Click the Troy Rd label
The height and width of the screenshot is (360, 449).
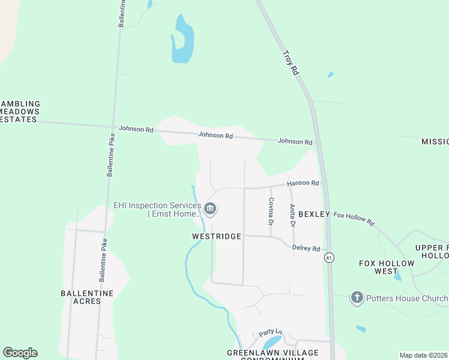291,62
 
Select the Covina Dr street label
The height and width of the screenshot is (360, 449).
271,212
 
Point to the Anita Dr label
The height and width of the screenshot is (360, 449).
292,215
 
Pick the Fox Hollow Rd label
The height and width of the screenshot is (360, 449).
354,218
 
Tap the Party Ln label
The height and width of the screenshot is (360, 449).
270,332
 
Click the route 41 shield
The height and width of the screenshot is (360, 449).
328,257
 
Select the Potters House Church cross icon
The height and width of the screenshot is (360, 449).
357,298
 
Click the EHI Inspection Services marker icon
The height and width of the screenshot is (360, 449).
210,209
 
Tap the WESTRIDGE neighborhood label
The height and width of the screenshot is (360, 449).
216,236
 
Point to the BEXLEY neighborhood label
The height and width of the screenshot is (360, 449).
314,214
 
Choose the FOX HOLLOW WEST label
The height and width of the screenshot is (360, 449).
387,267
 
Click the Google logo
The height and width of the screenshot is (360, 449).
20,353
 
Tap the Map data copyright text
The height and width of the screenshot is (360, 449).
424,355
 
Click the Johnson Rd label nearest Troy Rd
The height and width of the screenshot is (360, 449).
295,142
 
